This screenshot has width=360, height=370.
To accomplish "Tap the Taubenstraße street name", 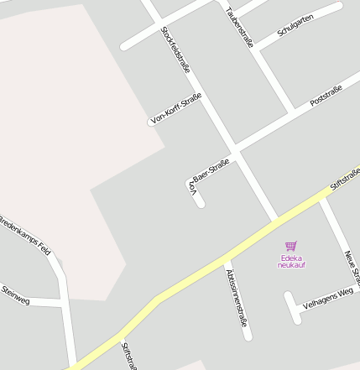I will click(x=240, y=26).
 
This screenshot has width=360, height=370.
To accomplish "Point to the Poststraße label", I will click(x=326, y=96).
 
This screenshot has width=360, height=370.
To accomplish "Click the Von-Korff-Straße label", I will click(x=175, y=110).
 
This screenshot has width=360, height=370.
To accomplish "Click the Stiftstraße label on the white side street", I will click(x=128, y=355).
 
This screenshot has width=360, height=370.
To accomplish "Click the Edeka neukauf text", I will click(x=290, y=261).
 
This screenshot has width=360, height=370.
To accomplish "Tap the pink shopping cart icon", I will click(x=290, y=246).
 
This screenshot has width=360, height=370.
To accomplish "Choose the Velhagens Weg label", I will click(x=327, y=296).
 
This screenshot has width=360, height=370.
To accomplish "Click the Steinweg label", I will click(x=15, y=293).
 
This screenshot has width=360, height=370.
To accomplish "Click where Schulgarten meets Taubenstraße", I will click(x=258, y=50).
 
